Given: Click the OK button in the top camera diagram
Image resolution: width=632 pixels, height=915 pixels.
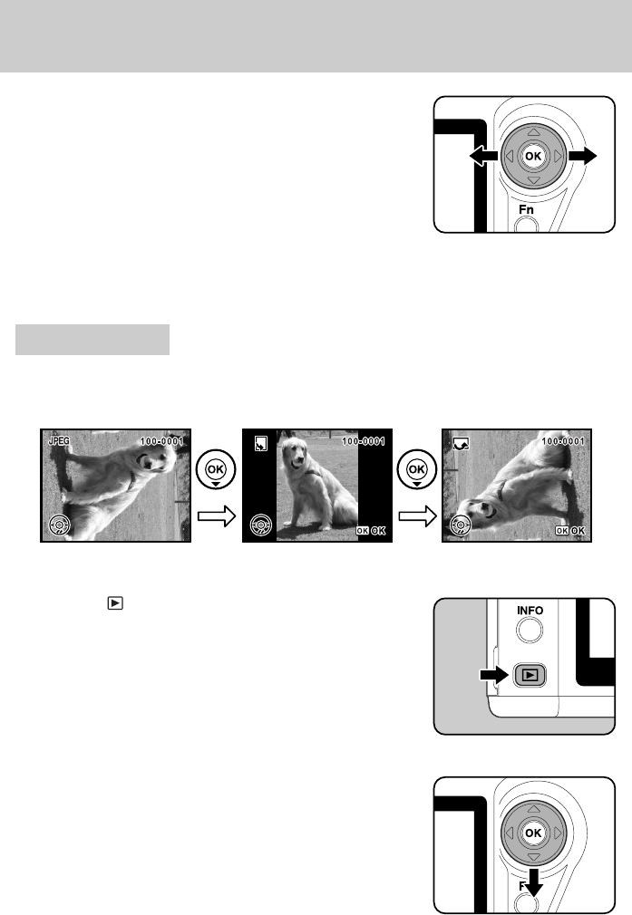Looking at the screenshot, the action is tap(533, 157).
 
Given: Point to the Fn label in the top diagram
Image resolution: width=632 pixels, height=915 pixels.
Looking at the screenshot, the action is tap(527, 210).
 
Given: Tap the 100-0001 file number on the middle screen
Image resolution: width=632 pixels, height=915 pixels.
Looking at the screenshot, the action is tap(363, 441).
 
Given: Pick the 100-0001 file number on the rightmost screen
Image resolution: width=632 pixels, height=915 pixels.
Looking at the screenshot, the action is tap(563, 441).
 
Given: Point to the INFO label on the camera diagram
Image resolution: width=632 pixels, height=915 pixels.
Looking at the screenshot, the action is tap(530, 611).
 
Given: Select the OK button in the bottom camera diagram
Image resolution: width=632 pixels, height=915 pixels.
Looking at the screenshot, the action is tap(533, 832).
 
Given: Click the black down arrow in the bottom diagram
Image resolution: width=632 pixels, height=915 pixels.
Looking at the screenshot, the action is tap(533, 881).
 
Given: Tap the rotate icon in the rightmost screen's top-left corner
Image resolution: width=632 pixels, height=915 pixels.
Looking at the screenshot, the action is tap(460, 444).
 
